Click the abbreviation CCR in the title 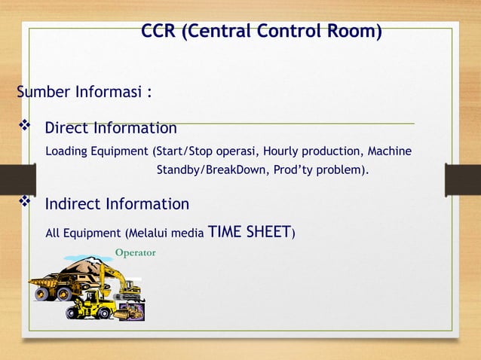click(159, 32)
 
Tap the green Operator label click(135, 252)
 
